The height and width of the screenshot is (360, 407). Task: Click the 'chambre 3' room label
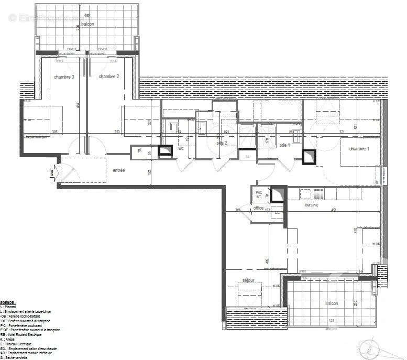tap(64, 77)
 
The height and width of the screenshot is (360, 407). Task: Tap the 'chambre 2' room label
tap(109, 77)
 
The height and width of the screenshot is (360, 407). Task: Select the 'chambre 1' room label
tap(359, 149)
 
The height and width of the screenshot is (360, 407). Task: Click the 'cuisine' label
tap(312, 205)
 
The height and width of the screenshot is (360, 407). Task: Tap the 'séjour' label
tap(248, 281)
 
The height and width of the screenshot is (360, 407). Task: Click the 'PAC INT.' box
tap(258, 194)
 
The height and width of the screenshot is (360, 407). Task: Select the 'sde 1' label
tap(285, 145)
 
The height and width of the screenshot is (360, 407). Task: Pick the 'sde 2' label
tap(222, 143)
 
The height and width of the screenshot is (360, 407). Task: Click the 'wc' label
tap(181, 148)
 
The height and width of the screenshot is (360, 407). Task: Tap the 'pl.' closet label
tap(140, 150)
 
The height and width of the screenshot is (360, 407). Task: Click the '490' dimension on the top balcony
tap(87, 16)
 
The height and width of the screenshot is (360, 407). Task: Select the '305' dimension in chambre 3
tap(54, 132)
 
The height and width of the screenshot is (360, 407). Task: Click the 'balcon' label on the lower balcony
tap(331, 303)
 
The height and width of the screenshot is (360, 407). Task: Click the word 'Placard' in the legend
tap(11, 307)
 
